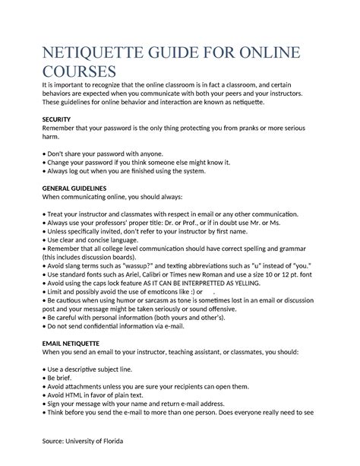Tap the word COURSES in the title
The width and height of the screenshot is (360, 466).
(78, 72)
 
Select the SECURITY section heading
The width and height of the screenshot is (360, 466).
(59, 119)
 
